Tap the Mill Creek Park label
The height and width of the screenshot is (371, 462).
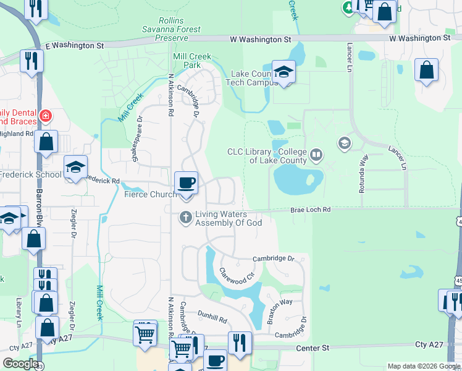(x=192, y=61)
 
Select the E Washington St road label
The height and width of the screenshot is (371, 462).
(x=75, y=45)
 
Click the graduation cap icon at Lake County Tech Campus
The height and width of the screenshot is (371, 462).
(x=283, y=71)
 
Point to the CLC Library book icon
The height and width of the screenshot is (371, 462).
(x=316, y=154)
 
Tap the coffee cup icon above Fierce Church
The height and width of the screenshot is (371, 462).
(x=186, y=182)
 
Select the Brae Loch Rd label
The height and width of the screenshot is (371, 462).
(x=311, y=210)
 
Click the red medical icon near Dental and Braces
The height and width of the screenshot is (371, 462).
(x=45, y=115)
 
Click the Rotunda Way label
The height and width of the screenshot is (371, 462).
(x=363, y=174)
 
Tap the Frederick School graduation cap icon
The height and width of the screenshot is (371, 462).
(x=75, y=167)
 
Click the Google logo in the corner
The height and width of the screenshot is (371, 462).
(x=20, y=364)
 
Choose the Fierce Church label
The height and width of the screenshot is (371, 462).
(x=150, y=194)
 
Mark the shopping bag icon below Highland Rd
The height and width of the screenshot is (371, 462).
(x=46, y=142)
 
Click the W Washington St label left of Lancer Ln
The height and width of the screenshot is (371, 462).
(x=260, y=39)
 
